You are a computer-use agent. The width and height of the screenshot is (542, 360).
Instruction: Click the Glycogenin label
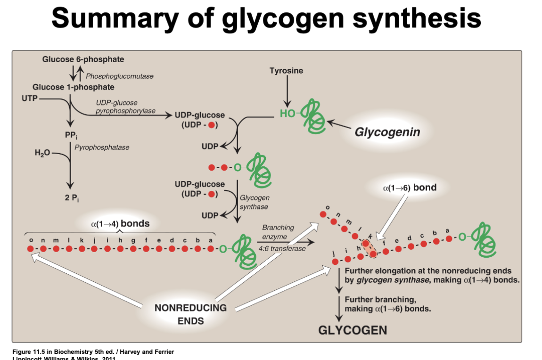pos(387,131)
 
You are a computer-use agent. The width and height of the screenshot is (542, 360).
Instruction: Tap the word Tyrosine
pos(286,71)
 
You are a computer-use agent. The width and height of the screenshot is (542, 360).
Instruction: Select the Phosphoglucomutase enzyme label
pos(120,76)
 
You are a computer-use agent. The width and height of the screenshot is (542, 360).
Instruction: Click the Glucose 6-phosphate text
pos(83,59)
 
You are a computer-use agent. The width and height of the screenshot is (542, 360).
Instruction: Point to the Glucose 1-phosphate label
pos(74,87)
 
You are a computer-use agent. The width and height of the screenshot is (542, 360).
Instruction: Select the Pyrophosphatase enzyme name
pos(102,147)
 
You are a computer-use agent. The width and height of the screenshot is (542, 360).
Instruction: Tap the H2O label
pos(42,153)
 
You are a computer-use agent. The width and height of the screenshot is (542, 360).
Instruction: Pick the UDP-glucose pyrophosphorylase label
pos(116,107)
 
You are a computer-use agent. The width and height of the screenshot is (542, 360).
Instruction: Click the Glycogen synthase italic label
pos(255,203)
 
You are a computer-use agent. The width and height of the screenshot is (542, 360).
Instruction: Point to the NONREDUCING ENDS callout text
pos(190,314)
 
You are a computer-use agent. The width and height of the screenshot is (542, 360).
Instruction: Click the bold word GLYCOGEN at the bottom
pos(353,330)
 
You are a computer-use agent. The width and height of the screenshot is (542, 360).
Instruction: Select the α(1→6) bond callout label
pos(410,188)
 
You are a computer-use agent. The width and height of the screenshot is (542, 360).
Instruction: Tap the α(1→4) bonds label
pos(120,223)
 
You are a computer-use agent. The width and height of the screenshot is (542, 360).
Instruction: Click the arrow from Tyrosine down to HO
pos(286,92)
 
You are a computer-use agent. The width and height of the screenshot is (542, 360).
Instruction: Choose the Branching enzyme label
pos(278,232)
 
